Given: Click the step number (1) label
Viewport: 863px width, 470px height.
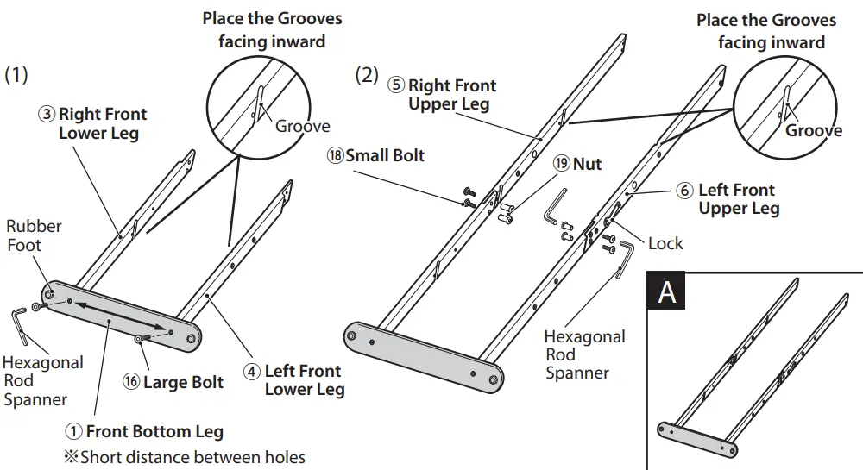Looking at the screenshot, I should pos(16,75).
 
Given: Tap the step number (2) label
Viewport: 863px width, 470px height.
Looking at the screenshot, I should pos(367,75).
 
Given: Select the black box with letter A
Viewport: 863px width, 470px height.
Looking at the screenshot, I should pos(667,291).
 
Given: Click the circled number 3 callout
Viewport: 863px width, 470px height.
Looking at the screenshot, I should pos(47,115).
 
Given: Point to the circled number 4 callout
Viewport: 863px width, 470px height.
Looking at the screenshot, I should pos(252,372).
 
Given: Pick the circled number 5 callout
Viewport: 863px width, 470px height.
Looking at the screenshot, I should pos(396,85).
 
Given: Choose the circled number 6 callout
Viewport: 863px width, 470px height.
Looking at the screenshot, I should pos(684,190).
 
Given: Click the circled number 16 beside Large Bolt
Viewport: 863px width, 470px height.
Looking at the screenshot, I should pos(131,382).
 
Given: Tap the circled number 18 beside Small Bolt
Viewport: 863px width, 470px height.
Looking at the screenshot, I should pos(335,156).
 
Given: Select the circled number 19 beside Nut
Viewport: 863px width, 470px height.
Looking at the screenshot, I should pos(562,163).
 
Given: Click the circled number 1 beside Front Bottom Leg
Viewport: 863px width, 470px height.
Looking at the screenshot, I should pos(75,432).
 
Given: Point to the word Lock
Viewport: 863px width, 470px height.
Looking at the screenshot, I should pos(665,243).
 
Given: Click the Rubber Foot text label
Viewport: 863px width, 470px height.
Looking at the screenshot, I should pos(34,235).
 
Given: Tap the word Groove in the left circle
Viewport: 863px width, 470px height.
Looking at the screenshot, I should pos(302,126).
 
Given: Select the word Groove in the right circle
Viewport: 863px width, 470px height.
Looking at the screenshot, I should pos(813,130).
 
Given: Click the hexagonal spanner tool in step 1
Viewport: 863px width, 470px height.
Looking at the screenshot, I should pos(18,323).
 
